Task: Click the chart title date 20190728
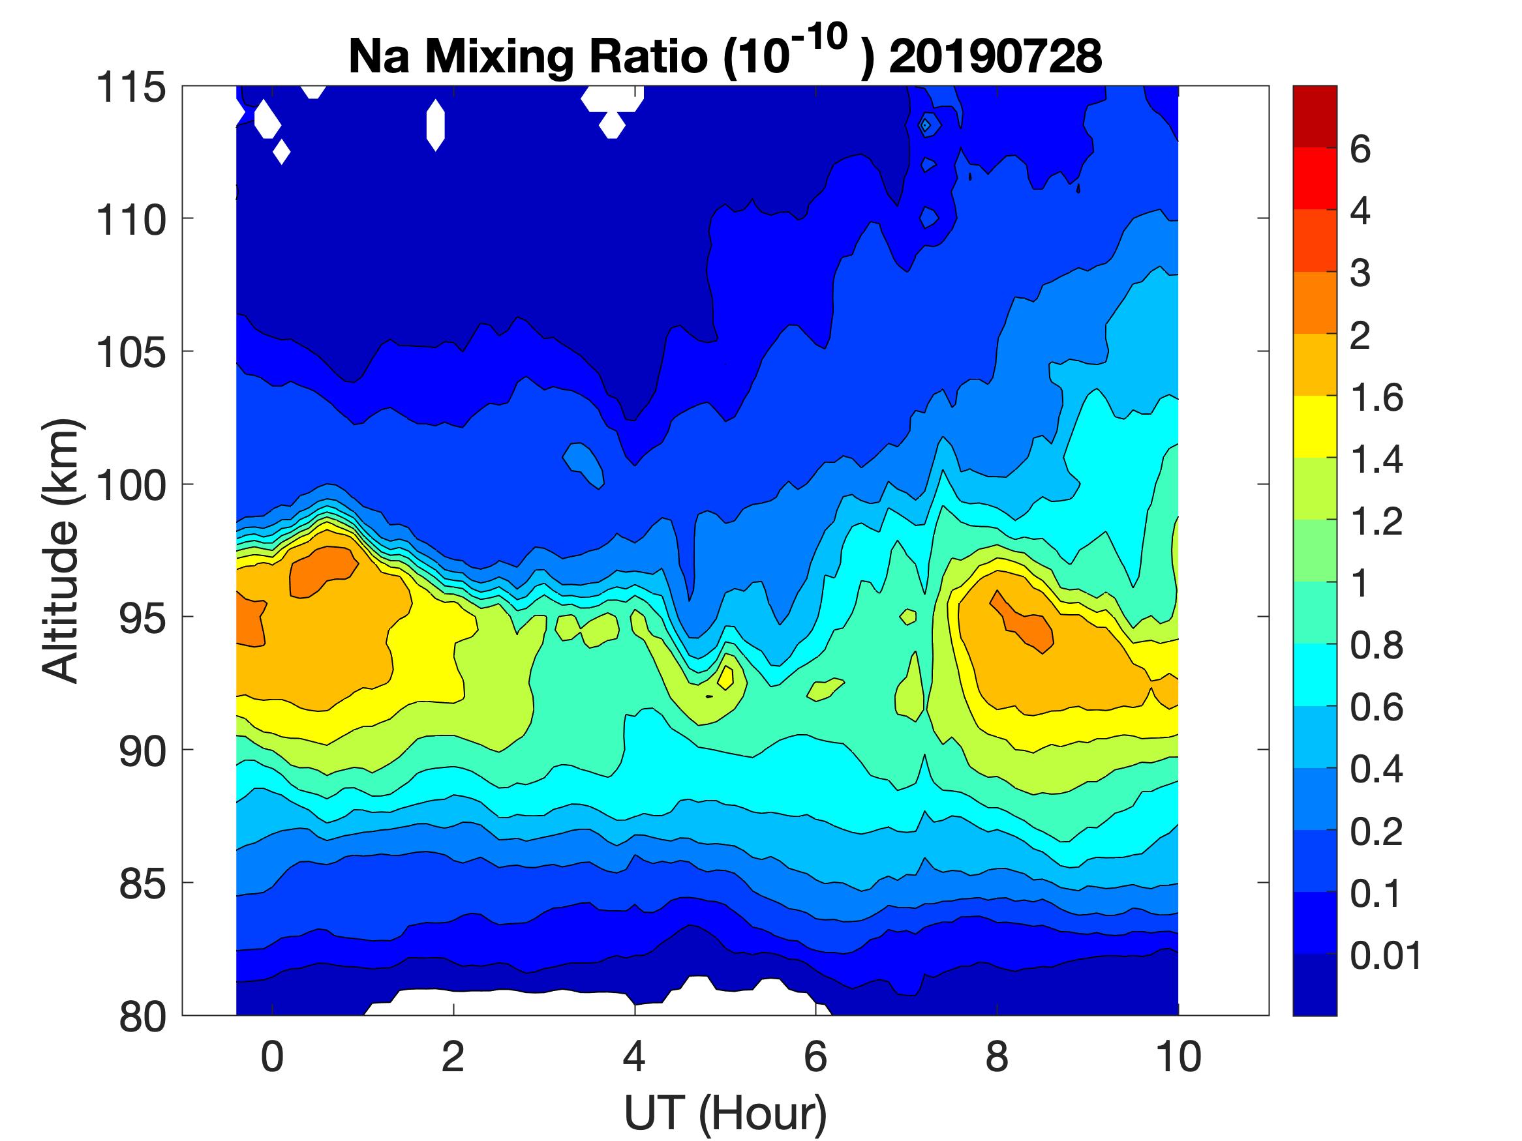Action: pyautogui.click(x=995, y=56)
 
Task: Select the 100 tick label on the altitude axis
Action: pyautogui.click(x=130, y=486)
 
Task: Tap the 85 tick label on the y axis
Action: pyautogui.click(x=142, y=883)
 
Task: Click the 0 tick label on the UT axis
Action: pyautogui.click(x=273, y=1057)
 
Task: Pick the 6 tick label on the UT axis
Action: pyautogui.click(x=815, y=1057)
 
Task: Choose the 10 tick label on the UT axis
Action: pyautogui.click(x=1178, y=1057)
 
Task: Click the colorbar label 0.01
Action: pyautogui.click(x=1385, y=955)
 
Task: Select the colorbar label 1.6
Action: pyautogui.click(x=1376, y=398)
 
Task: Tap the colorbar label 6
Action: pyautogui.click(x=1360, y=149)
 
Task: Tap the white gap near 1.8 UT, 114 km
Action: pyautogui.click(x=435, y=125)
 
